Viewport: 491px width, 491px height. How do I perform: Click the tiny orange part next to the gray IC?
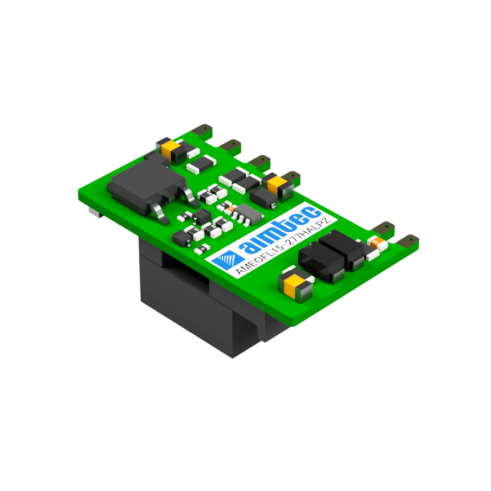click(x=230, y=208)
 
